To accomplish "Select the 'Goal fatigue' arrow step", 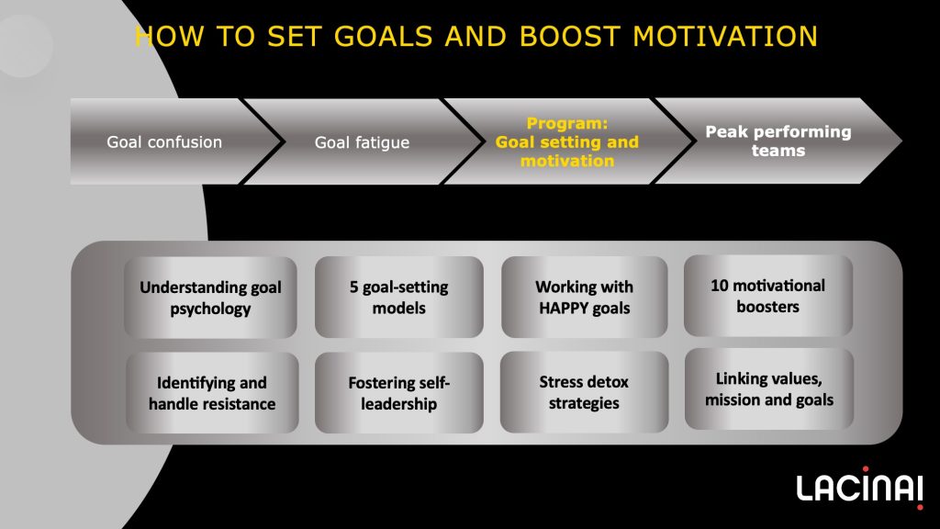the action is pyautogui.click(x=363, y=141).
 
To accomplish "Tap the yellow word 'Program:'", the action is pyautogui.click(x=567, y=124).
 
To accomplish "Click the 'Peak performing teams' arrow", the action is pyautogui.click(x=778, y=141).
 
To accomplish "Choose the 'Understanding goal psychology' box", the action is pyautogui.click(x=210, y=298).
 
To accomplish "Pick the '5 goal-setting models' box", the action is pyautogui.click(x=398, y=297).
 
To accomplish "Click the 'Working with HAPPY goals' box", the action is pyautogui.click(x=585, y=297).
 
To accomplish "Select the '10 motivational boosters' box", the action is pyautogui.click(x=768, y=296).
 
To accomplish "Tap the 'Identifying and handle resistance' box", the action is pyautogui.click(x=212, y=393).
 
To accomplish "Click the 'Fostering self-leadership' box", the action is pyautogui.click(x=398, y=393).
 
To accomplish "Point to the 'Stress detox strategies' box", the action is pyautogui.click(x=584, y=392).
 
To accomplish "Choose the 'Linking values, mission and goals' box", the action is pyautogui.click(x=769, y=389).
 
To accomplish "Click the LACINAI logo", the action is pyautogui.click(x=860, y=488).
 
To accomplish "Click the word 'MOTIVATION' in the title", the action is pyautogui.click(x=725, y=37).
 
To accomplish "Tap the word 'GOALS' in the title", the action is pyautogui.click(x=383, y=37).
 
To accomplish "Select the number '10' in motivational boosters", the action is pyautogui.click(x=720, y=286).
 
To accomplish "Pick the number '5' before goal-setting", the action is pyautogui.click(x=353, y=287).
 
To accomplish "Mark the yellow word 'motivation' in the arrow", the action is pyautogui.click(x=567, y=161).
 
